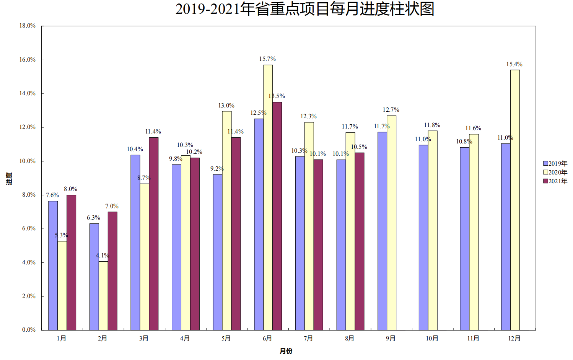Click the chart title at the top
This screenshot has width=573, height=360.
coord(304,9)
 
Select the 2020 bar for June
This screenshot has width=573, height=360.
coord(268,197)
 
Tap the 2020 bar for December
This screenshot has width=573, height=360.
coord(515,200)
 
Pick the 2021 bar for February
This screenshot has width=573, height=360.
coord(112,270)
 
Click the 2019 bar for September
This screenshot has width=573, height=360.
coord(382,231)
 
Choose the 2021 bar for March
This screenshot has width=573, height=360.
coord(153,233)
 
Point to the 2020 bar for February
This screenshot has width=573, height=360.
coord(103,295)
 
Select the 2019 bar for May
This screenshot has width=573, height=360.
coord(217,252)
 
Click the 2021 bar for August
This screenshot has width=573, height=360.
coord(360,241)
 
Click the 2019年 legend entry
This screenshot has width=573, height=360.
coord(555,163)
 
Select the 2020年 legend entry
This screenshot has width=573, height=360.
coord(555,172)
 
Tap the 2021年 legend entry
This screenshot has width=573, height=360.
coord(555,181)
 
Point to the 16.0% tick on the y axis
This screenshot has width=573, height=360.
coord(28,60)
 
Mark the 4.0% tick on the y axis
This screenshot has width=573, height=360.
coord(29,262)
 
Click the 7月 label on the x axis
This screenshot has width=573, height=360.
coord(308,339)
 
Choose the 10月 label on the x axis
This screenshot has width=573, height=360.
coord(432,339)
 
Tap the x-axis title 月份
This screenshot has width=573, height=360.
coord(286,351)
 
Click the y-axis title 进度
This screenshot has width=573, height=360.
coord(9,178)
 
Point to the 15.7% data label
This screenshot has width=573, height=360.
coord(267,59)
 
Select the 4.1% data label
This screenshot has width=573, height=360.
coord(103,256)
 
